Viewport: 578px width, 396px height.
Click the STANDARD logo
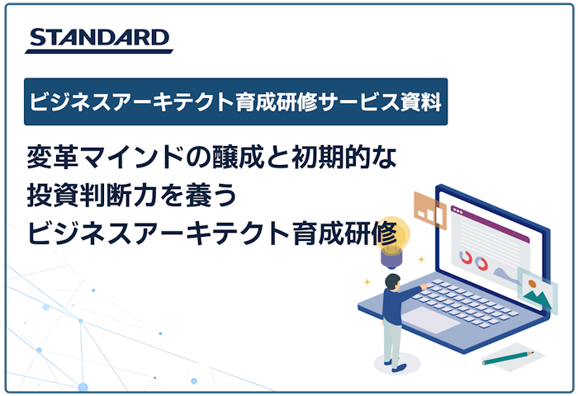98,39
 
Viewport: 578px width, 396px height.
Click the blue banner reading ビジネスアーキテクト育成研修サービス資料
235,101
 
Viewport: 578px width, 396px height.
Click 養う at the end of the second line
216,196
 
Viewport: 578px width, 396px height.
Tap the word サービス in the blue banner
352,101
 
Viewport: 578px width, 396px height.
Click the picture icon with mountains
537,288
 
